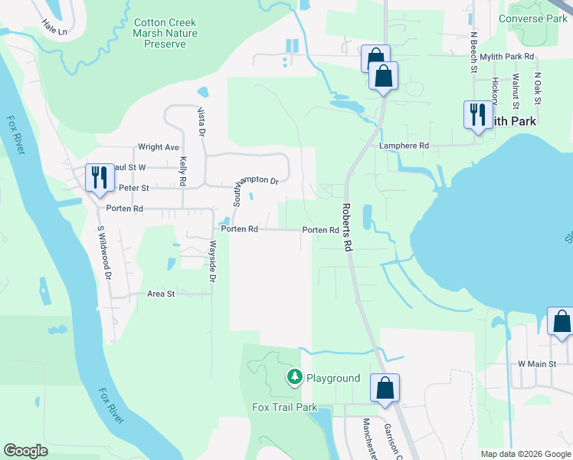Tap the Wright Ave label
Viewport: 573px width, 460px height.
[158, 147]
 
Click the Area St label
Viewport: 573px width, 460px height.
[161, 294]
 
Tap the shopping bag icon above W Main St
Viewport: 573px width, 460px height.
[561, 322]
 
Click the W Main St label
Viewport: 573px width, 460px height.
[536, 363]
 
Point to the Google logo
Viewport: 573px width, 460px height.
[25, 451]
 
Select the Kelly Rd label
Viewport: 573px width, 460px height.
[183, 172]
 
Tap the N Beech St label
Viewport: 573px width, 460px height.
[474, 51]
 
